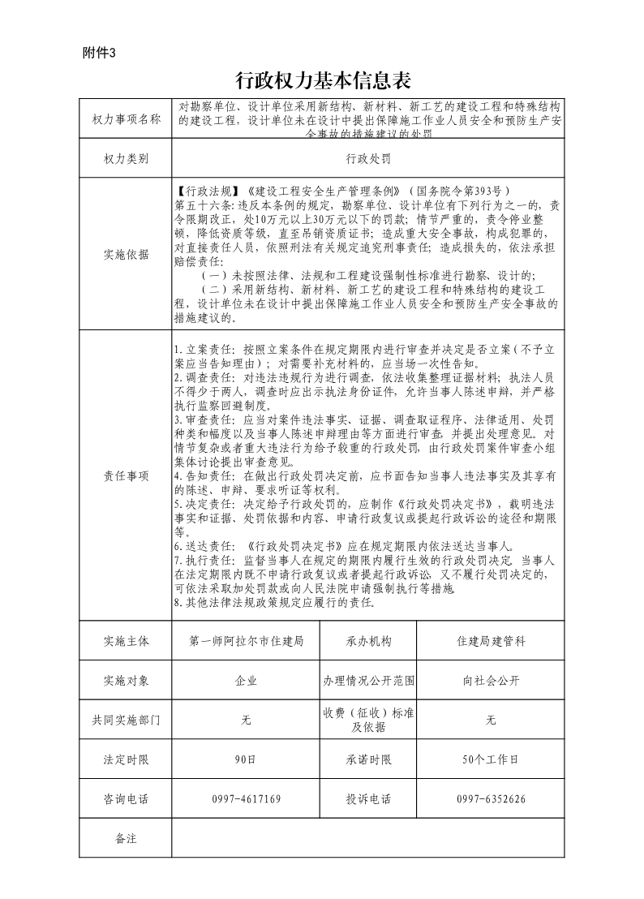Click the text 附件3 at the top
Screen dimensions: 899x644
pos(100,54)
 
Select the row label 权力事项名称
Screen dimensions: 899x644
pos(127,119)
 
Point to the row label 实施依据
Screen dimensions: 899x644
pos(127,255)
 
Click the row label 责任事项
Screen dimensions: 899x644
pos(127,476)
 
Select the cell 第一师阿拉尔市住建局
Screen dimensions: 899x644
pos(246,641)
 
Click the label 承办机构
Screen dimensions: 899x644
pos(368,641)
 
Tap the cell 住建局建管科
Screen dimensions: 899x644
pos(491,641)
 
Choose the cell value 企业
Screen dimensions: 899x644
pos(246,681)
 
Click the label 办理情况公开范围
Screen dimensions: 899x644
pos(368,681)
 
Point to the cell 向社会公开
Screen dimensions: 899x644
pos(491,681)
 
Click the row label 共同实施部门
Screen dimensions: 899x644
pos(127,720)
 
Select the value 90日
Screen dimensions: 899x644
pos(246,759)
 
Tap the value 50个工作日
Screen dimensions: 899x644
pos(491,759)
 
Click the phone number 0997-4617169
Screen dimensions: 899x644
pos(246,799)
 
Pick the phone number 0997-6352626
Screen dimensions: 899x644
pos(491,799)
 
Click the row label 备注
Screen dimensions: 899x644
pos(127,838)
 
